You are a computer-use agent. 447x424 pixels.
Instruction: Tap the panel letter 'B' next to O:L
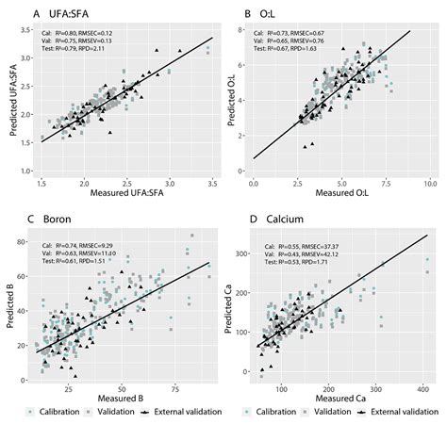(247, 15)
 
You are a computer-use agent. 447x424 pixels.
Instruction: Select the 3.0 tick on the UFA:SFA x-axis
(170, 182)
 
